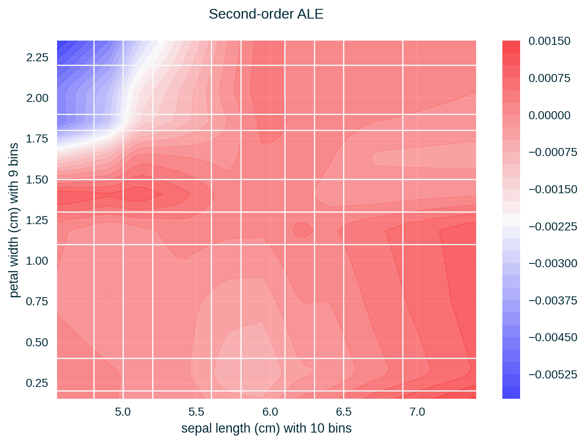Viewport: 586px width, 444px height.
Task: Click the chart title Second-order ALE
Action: pos(266,14)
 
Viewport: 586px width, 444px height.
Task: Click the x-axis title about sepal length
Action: pos(266,428)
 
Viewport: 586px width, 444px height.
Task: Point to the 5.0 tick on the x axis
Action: pos(123,412)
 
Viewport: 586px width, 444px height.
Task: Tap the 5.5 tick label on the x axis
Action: pos(196,412)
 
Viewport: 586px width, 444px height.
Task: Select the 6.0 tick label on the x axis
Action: pos(270,412)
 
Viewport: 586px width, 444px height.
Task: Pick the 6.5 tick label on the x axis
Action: pos(343,412)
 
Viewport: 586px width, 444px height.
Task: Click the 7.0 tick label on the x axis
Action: pos(417,412)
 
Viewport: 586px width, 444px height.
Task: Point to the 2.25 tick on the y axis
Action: pos(37,58)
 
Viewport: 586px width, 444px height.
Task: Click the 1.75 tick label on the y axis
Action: pos(37,139)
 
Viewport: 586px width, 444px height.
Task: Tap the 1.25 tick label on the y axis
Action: pos(37,220)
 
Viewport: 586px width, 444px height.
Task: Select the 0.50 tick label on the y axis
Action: pos(37,343)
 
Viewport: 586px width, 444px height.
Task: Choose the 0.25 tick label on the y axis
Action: pos(37,383)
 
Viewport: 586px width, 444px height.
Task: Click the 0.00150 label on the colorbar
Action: pos(549,41)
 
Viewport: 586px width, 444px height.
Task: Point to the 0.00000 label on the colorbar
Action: pos(549,115)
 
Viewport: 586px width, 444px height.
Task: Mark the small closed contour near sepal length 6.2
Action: pos(303,230)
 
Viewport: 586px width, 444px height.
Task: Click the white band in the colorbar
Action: pos(511,220)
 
